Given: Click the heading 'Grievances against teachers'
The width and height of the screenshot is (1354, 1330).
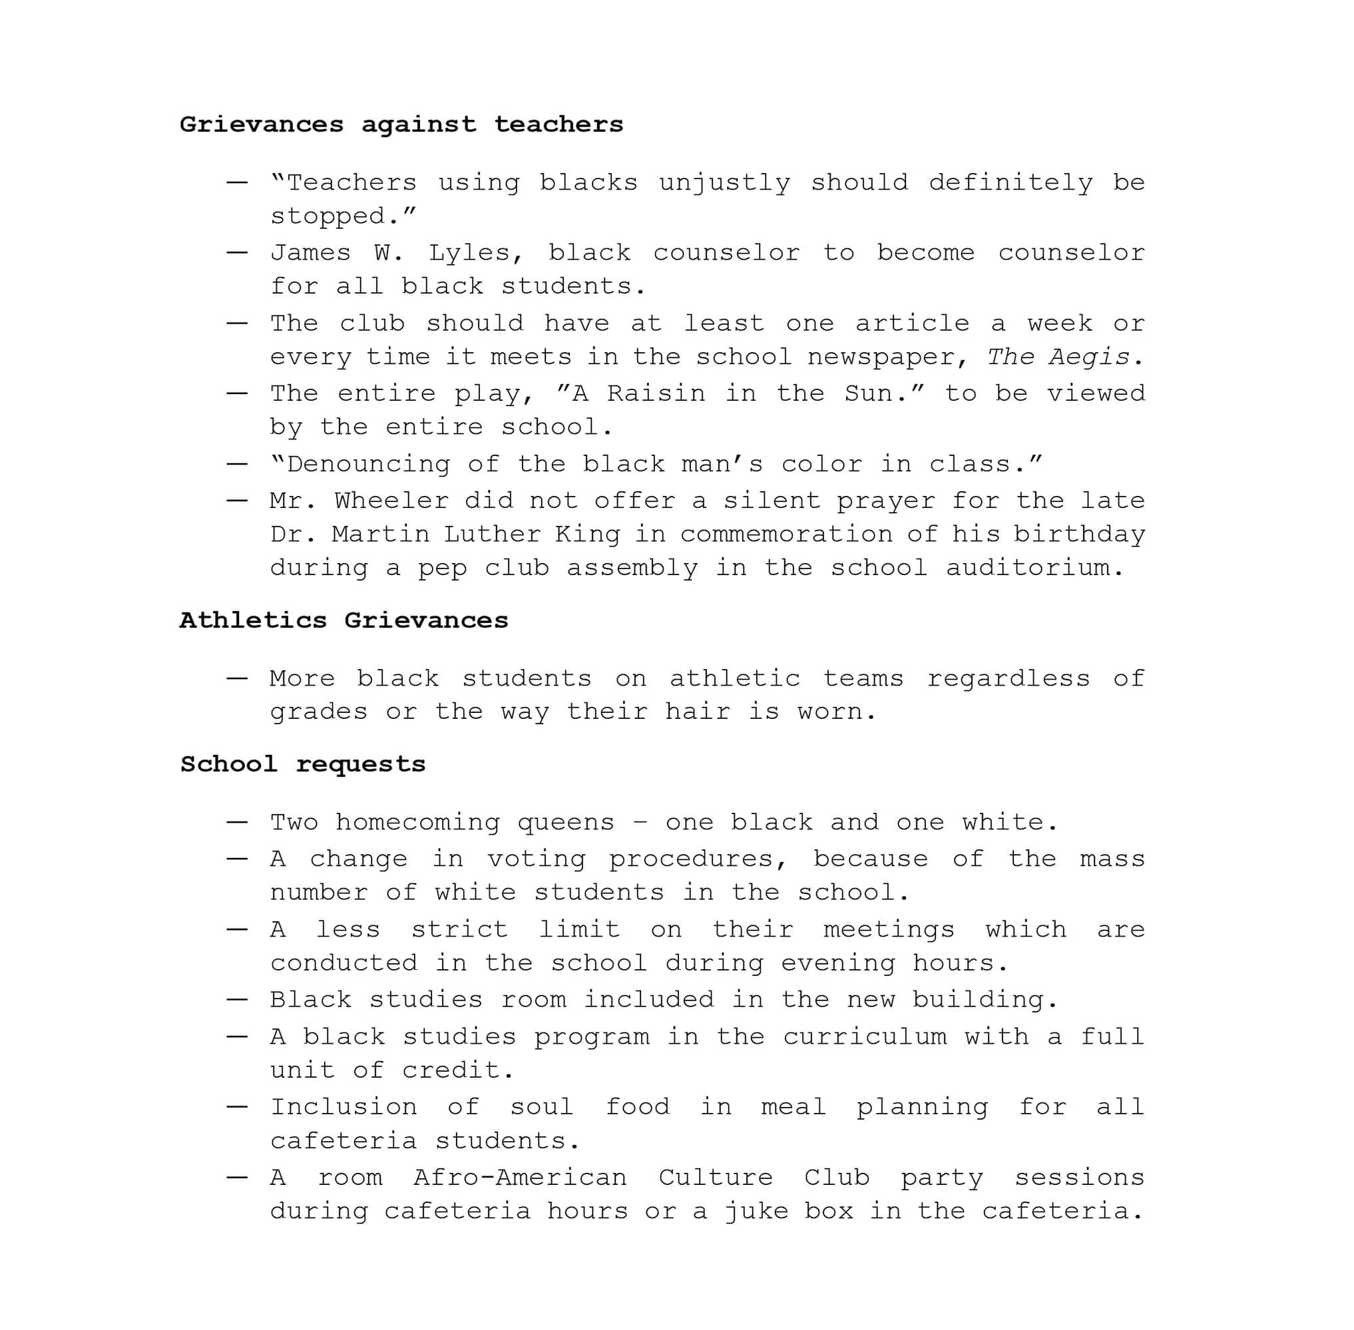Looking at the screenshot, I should coord(401,124).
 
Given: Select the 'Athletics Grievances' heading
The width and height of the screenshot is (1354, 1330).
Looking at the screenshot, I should coord(343,620).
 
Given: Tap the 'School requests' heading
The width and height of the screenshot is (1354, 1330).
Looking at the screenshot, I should coord(302,764).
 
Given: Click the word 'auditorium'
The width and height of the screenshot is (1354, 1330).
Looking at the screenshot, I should coord(1034,568).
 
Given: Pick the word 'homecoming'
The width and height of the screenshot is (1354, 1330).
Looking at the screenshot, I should coord(418,823).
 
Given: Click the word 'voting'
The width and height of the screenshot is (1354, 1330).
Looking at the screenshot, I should coord(537,859).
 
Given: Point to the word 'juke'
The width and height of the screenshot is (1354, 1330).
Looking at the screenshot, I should coord(756,1212).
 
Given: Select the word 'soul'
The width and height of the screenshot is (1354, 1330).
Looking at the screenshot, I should coord(541,1107).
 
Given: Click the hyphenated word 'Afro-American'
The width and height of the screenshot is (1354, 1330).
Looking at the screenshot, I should coord(521,1178).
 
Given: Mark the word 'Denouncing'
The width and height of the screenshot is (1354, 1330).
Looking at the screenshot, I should coord(369,465).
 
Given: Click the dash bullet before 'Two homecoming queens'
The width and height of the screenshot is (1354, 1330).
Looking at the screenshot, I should coord(237,822).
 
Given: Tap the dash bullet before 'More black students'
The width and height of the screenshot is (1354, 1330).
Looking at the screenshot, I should coord(237,678).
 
